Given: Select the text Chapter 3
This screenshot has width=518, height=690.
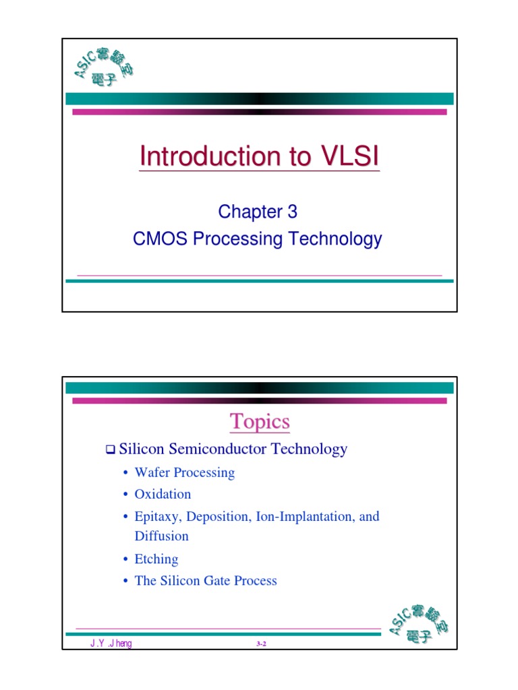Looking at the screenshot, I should click(x=258, y=212).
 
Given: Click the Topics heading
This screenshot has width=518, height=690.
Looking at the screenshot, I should click(x=260, y=422).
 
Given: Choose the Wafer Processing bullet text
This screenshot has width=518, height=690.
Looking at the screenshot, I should click(x=185, y=472).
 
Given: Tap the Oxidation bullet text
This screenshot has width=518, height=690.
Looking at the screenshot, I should click(x=163, y=494).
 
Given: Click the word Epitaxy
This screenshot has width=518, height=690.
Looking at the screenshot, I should click(x=158, y=517).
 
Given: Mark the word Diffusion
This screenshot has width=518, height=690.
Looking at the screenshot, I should click(x=162, y=536).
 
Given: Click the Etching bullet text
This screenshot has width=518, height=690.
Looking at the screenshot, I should click(x=156, y=559).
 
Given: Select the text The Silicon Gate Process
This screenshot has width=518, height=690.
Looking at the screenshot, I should click(x=206, y=581).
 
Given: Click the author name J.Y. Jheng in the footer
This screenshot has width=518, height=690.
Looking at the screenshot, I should click(x=111, y=644).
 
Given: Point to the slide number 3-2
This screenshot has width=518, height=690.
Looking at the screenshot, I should click(x=262, y=645).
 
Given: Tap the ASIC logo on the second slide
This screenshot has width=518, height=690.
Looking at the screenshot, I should click(x=419, y=625).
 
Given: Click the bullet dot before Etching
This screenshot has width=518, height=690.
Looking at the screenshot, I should click(x=125, y=559).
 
